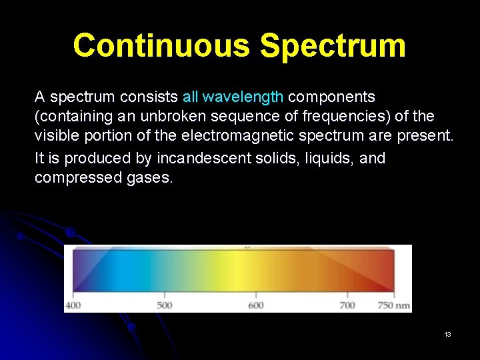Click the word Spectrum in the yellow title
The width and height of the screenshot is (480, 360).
point(333,46)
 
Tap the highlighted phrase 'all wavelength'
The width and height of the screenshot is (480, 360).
point(233,97)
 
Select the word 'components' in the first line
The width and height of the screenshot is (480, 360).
point(331,97)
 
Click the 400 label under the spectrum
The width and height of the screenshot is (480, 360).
point(72,305)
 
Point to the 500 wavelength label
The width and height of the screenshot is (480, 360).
point(164,305)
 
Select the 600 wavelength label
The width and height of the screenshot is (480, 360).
point(256,305)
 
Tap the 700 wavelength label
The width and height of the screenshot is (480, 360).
point(347,305)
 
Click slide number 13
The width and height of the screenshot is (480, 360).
point(447,334)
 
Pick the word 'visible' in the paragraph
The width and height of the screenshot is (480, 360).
point(56,137)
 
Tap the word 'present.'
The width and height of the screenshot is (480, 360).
point(427,137)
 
